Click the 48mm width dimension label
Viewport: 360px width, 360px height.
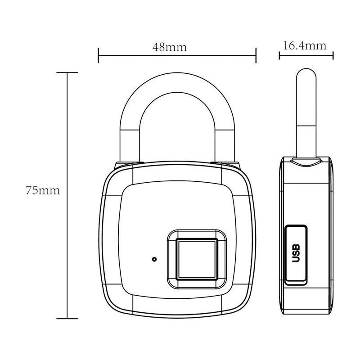click(169, 47)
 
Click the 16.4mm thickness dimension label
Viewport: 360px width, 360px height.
click(305, 45)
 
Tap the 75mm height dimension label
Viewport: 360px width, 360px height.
click(43, 190)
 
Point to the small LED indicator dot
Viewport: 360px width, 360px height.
click(154, 259)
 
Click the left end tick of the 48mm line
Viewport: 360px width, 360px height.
click(98, 56)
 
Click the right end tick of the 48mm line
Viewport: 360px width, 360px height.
click(256, 56)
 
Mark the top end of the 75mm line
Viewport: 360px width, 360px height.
click(67, 72)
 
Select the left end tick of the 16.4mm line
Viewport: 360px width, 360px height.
click(279, 56)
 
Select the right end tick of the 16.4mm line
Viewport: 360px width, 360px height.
click(333, 56)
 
